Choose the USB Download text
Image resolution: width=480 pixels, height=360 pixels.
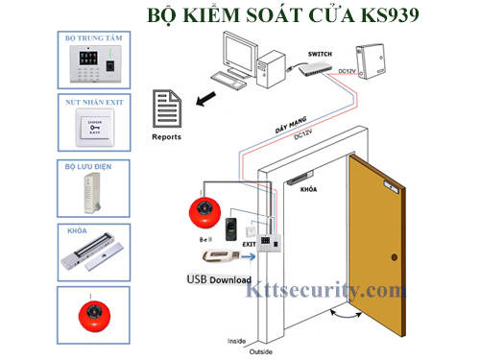pos(219,279)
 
